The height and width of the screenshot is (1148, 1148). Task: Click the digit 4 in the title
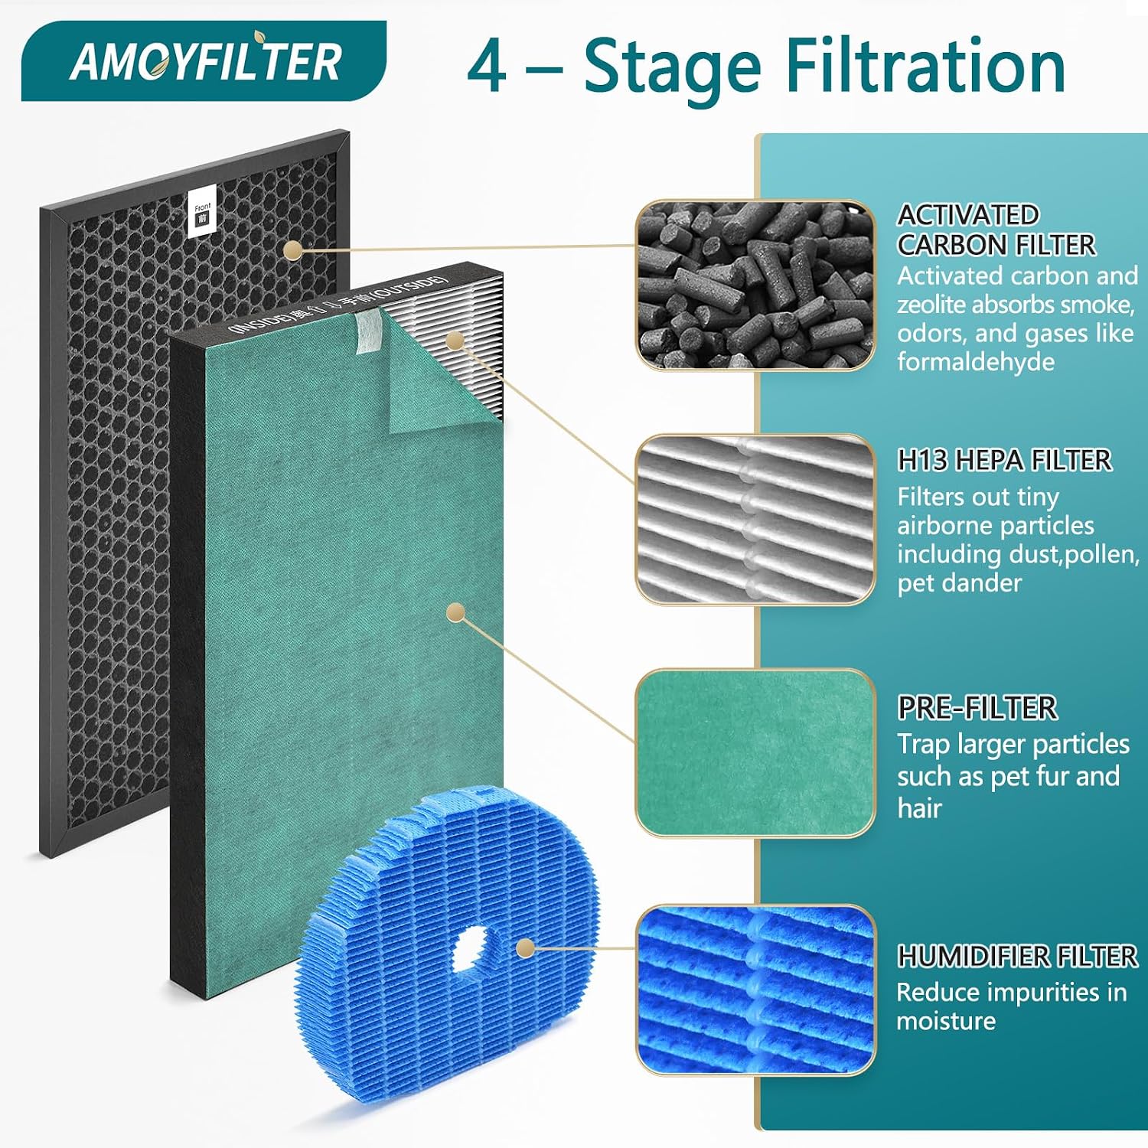click(487, 67)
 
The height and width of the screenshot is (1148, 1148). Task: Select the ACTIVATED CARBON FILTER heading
click(996, 230)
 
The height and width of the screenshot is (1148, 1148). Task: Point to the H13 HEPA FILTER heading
click(1004, 460)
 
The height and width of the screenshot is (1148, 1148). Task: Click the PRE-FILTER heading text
click(977, 708)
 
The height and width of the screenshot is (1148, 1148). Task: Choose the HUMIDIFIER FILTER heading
click(1017, 956)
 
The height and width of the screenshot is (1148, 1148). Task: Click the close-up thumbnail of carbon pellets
click(755, 285)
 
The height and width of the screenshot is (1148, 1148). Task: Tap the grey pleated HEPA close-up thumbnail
click(755, 520)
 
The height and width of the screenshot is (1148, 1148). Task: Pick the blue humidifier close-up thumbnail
click(755, 990)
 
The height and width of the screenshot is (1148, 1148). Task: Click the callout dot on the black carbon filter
click(292, 250)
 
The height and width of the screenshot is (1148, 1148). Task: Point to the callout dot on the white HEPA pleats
click(455, 340)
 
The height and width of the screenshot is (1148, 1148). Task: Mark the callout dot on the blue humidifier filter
click(525, 948)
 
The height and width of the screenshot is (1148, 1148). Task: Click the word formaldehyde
click(976, 361)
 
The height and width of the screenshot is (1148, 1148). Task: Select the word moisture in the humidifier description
click(946, 1021)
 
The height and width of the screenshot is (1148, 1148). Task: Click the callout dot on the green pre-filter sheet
click(456, 612)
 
